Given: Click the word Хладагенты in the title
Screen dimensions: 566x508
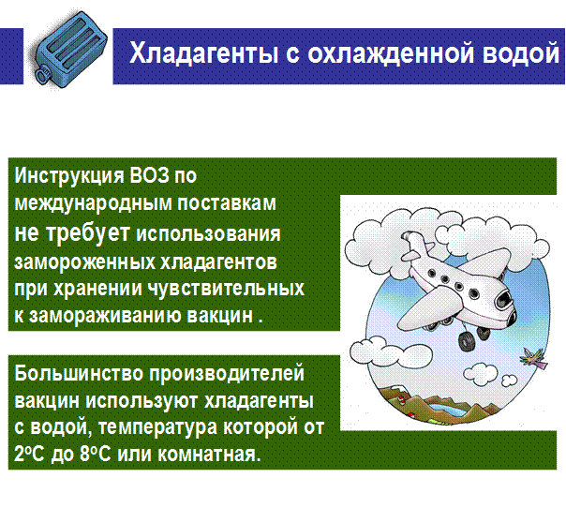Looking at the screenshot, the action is point(203,52).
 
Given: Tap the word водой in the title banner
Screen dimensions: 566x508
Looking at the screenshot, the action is point(521,52).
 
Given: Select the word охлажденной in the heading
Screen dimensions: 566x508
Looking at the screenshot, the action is point(391,52).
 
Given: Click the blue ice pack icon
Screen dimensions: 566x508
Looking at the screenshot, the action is point(68,49).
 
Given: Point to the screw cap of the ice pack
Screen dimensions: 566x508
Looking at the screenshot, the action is point(42,73).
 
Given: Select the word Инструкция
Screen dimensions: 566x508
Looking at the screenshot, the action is point(68,176).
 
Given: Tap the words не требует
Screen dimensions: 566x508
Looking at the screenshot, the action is point(72,232).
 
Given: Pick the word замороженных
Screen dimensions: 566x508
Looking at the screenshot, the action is point(84,261).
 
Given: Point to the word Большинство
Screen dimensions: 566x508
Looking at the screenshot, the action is point(79,373).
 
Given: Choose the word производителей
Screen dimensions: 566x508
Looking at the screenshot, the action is point(227,374).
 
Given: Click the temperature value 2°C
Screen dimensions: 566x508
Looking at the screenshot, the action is point(29,454).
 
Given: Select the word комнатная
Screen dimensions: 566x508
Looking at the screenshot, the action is point(209,454).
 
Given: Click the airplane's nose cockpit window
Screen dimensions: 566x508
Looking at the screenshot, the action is point(504,299).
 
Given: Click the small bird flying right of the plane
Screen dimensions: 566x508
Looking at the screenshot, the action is point(533,358).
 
